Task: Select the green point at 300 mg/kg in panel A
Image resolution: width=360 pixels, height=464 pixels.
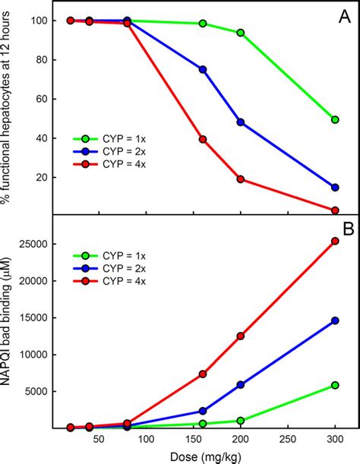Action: [x=335, y=119]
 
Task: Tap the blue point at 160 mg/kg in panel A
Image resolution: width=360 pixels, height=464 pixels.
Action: [x=203, y=69]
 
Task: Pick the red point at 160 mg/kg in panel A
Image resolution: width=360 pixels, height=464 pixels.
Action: [x=203, y=139]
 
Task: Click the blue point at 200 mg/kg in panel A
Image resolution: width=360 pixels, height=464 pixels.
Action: [x=241, y=122]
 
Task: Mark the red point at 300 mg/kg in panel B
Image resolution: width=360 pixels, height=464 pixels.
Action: [x=335, y=241]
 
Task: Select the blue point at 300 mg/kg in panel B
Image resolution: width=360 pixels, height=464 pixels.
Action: [x=335, y=320]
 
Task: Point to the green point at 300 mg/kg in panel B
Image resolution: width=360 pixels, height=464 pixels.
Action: [x=335, y=386]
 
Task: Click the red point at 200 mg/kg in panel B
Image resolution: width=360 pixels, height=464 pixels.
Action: [x=241, y=336]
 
